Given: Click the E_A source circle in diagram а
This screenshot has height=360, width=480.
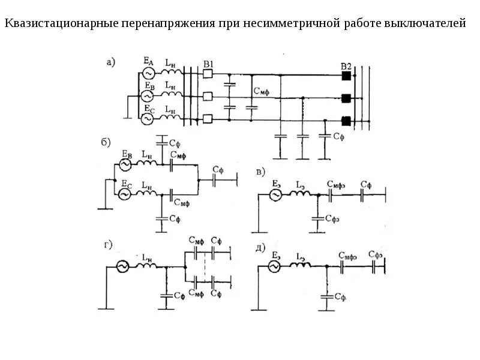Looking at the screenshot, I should [x=148, y=73].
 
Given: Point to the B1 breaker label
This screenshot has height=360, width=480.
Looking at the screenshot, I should [x=208, y=64].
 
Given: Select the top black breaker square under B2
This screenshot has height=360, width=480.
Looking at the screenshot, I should [x=346, y=76].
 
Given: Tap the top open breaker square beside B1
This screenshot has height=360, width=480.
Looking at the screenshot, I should [x=208, y=74].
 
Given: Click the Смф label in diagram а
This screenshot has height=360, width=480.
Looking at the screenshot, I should [x=262, y=91].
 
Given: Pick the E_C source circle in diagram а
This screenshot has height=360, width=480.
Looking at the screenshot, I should [x=148, y=118].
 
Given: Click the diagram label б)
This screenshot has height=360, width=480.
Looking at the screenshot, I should [x=105, y=142].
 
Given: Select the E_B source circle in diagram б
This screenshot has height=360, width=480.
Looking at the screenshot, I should [x=126, y=164].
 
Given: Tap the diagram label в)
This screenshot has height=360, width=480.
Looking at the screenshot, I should [x=260, y=172].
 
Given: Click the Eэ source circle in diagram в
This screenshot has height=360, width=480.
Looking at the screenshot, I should [x=275, y=194].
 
